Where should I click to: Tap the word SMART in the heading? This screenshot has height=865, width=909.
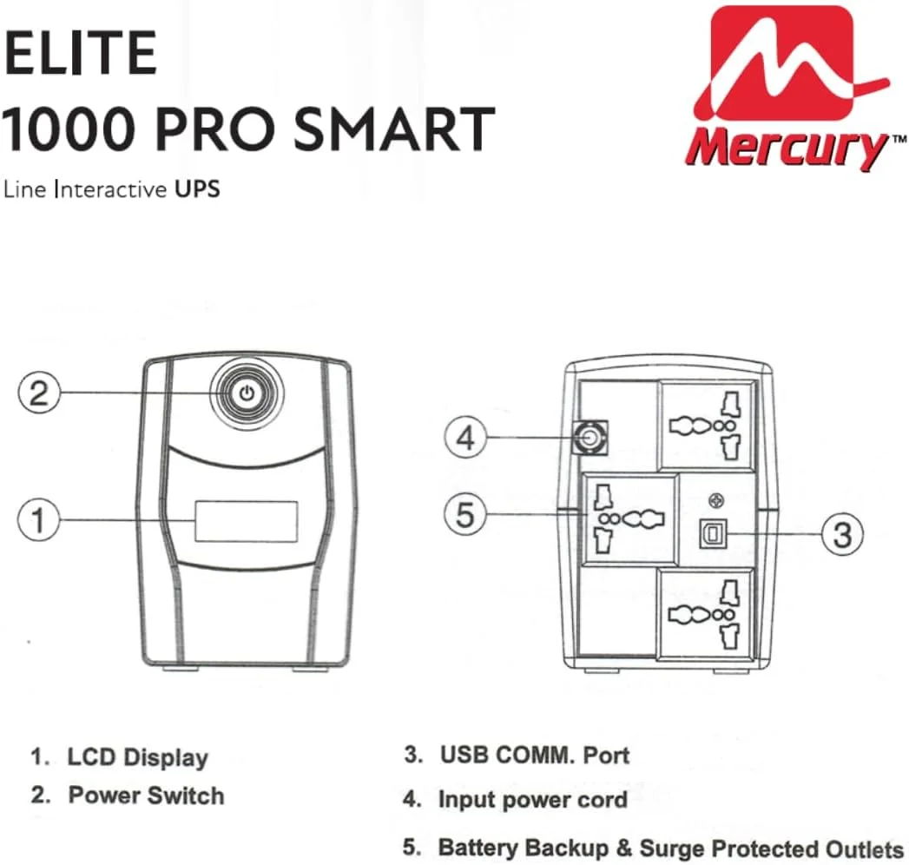coord(394,129)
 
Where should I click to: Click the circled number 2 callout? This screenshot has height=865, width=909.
coord(39,393)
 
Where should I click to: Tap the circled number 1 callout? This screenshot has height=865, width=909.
coord(39,520)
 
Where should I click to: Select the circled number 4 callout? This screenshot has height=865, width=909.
coord(466,439)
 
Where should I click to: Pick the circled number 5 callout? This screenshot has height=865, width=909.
coord(466,515)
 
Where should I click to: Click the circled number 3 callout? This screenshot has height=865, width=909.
coord(841,533)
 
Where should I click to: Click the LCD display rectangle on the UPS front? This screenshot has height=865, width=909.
coord(247,520)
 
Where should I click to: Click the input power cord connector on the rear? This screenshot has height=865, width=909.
coord(590,438)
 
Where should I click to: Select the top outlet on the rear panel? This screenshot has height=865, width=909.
coord(708,426)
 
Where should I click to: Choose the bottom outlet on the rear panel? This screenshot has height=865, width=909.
coord(708,613)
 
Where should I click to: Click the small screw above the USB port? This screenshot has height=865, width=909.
coord(715,499)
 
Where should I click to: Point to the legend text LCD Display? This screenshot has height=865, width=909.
coord(138,756)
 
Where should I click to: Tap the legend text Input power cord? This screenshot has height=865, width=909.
coord(532,799)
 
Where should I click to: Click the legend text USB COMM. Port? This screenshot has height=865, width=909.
coord(534,754)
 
